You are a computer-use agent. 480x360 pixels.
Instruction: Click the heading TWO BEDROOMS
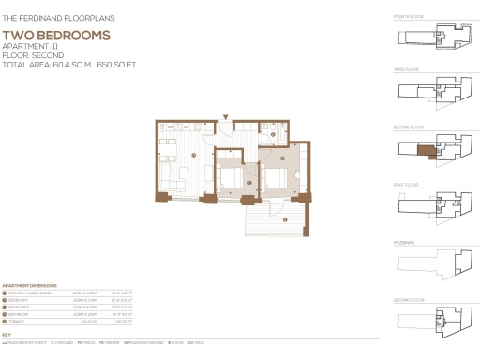coord(56,36)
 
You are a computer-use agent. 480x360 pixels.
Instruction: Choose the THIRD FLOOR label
coord(408,71)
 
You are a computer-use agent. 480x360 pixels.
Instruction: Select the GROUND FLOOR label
coord(410,300)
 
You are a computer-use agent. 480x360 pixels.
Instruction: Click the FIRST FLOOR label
coord(407,185)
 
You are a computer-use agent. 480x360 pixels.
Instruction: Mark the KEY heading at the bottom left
coord(7,335)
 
